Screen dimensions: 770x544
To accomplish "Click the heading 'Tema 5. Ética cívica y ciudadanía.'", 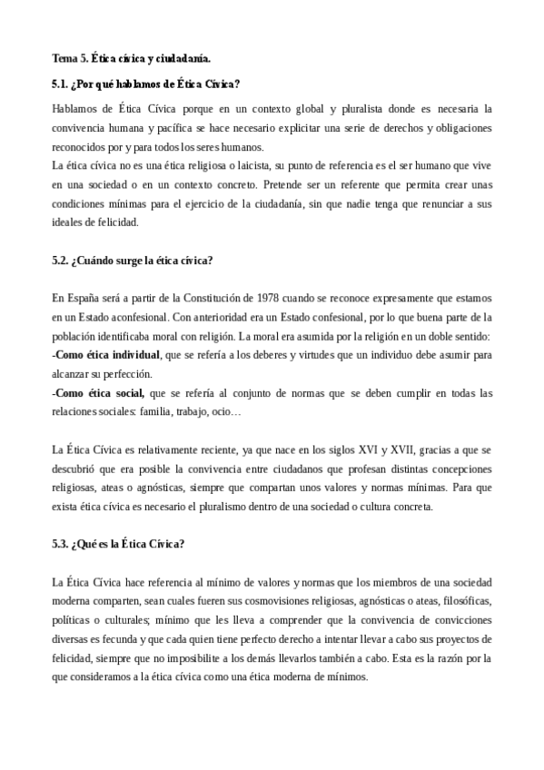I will pyautogui.click(x=132, y=59).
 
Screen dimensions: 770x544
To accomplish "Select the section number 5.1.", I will pyautogui.click(x=62, y=84).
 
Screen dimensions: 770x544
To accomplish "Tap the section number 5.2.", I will pyautogui.click(x=62, y=261).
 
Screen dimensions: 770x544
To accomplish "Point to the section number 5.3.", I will pyautogui.click(x=62, y=544).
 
